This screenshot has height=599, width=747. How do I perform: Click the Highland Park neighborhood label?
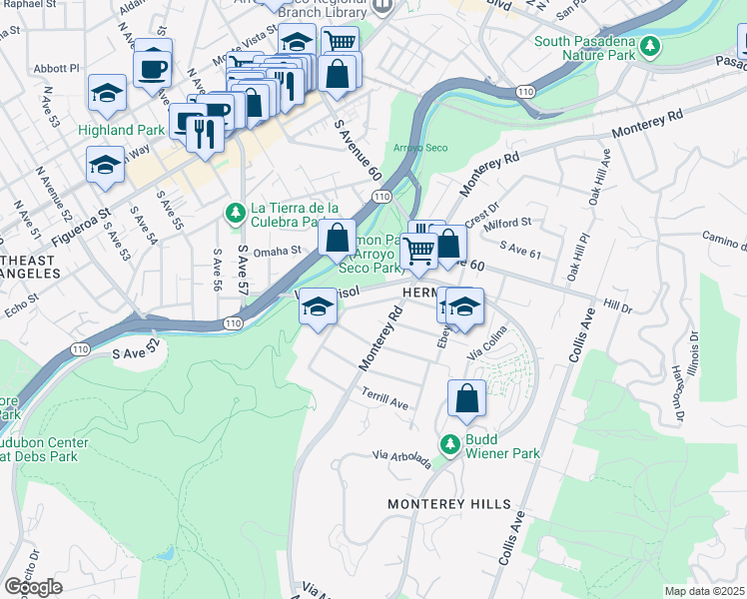pos(120,130)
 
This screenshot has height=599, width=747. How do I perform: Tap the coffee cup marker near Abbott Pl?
pos(153,69)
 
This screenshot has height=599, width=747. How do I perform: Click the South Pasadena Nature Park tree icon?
pos(650,46)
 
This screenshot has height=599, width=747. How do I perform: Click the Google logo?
pos(33,587)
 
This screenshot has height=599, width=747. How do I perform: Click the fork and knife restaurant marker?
pos(205,133)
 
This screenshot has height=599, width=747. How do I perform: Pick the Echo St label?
pos(20,298)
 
